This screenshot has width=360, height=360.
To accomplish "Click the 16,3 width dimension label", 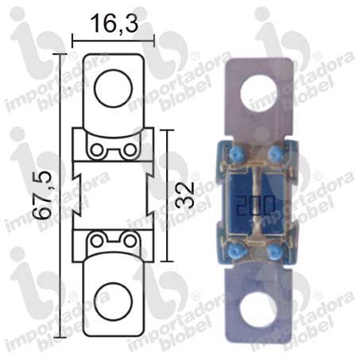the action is (x=114, y=23).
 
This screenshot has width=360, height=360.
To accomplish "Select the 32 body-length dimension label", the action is (x=184, y=195).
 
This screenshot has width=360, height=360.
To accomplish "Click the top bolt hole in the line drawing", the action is (x=113, y=88).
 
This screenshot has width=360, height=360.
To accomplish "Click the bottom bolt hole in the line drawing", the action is (x=113, y=301).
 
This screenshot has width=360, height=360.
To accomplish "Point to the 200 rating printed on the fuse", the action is (x=255, y=205).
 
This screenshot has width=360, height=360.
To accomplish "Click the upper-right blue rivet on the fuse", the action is (x=274, y=154).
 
